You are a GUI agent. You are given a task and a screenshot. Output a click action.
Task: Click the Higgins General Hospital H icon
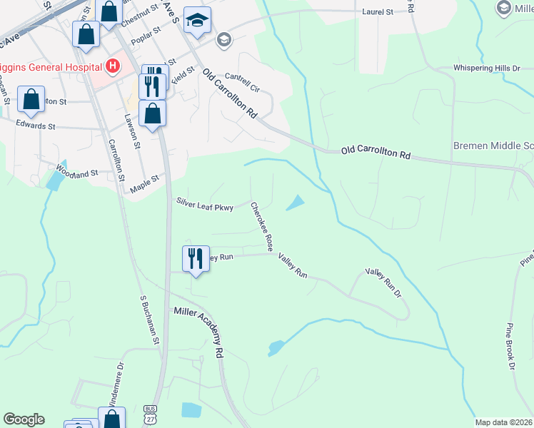click(x=111, y=67)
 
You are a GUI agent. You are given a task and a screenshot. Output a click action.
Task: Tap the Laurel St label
click(x=378, y=12)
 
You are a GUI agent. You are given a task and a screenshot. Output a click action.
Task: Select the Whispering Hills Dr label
click(x=487, y=68)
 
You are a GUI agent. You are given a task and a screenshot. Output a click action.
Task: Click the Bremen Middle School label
click(x=493, y=146)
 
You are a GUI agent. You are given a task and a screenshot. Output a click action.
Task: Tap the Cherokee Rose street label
click(x=262, y=225)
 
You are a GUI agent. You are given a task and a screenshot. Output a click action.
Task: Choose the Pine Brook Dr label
click(x=511, y=346)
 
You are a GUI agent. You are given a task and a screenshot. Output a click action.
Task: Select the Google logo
click(x=24, y=419)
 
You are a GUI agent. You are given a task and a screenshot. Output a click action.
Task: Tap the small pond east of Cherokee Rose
click(x=295, y=204)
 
